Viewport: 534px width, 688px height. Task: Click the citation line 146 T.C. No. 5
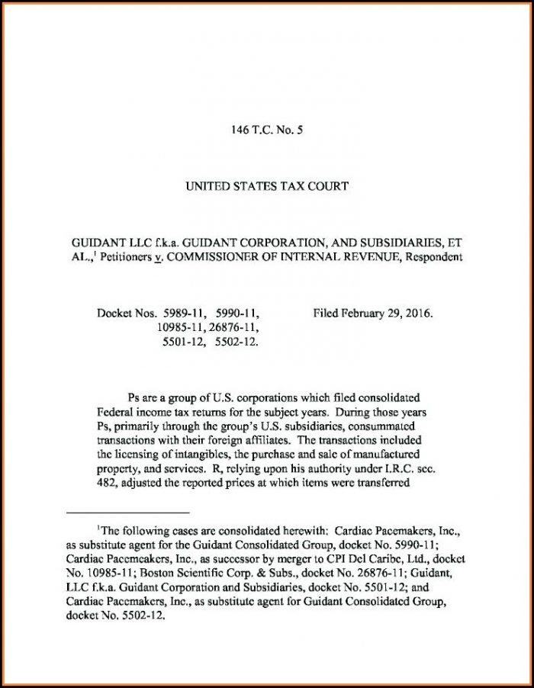(267, 131)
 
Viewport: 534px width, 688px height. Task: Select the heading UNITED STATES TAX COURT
(267, 185)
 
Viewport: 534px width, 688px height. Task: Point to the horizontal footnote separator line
(127, 513)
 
